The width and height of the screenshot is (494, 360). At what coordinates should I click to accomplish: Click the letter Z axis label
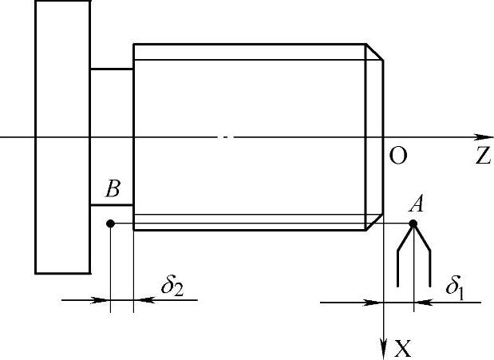point(481,156)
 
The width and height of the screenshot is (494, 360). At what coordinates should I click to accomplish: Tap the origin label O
point(397,156)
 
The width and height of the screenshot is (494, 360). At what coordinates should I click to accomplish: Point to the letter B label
point(113,190)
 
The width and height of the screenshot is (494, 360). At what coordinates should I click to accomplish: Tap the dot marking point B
point(111,224)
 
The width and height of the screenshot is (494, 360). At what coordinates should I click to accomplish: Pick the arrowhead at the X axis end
point(385,342)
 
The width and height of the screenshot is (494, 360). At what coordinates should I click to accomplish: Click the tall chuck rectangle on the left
point(62,136)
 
